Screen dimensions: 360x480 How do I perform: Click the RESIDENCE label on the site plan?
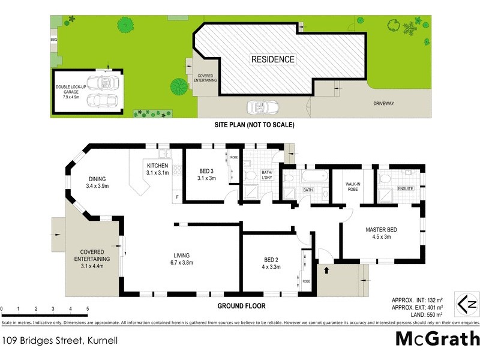click(x=272, y=59)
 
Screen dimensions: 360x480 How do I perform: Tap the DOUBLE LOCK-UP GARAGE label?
click(x=71, y=90)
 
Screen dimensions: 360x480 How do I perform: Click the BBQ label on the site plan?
click(x=53, y=39)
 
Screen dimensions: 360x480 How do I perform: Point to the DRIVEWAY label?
click(x=383, y=103)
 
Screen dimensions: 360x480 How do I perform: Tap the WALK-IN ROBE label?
click(x=352, y=185)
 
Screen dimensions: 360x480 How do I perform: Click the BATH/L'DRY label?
click(x=267, y=175)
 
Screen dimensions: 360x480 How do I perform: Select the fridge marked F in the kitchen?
click(x=177, y=196)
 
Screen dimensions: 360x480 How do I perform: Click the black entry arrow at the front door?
click(x=326, y=270)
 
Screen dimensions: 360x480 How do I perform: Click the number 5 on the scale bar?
click(x=88, y=309)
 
